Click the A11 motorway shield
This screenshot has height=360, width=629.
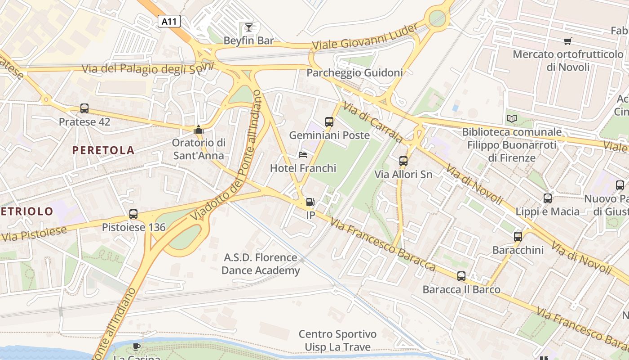pos(169,21)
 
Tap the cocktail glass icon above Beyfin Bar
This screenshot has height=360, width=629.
pos(248,27)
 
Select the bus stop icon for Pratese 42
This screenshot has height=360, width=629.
pos(84,108)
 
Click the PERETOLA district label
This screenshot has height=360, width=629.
pos(103,150)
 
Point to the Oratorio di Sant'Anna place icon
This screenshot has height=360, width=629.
pos(198,130)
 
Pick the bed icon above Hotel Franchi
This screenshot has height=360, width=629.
pos(303,155)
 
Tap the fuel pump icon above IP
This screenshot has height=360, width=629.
pos(310,202)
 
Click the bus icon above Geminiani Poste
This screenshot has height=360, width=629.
pos(329,122)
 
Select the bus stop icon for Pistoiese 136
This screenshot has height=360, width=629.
pos(133,214)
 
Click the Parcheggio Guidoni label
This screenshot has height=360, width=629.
pos(354,72)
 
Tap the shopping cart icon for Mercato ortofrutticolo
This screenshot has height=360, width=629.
pos(567,41)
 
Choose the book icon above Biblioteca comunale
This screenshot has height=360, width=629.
pos(511,119)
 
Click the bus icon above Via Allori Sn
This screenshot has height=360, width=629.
pos(403,161)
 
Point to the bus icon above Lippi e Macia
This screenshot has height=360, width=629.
pos(547,198)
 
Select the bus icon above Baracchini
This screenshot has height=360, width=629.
pos(518,237)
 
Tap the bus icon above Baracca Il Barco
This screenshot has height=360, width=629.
pos(461,276)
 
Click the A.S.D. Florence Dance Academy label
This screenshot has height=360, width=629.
pos(261,264)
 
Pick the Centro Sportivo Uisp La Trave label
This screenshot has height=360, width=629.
pos(338,341)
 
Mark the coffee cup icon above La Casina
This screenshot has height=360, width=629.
pos(137,346)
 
